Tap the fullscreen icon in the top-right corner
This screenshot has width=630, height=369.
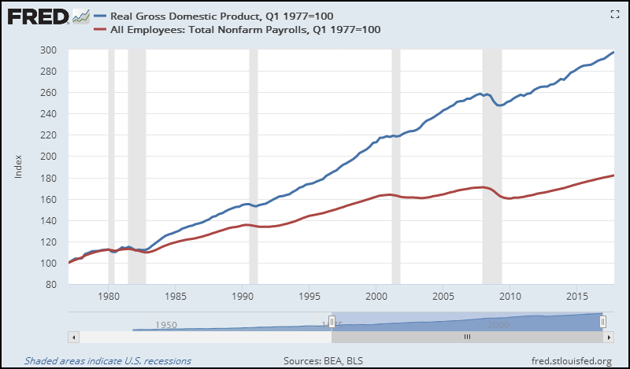pos(615,14)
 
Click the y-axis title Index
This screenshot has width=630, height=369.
pos(18,167)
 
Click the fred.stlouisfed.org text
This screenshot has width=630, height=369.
pos(572,361)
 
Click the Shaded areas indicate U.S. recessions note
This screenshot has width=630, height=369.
pos(107,361)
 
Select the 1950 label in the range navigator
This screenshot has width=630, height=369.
pos(165,324)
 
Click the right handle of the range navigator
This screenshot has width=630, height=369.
pos(602,322)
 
